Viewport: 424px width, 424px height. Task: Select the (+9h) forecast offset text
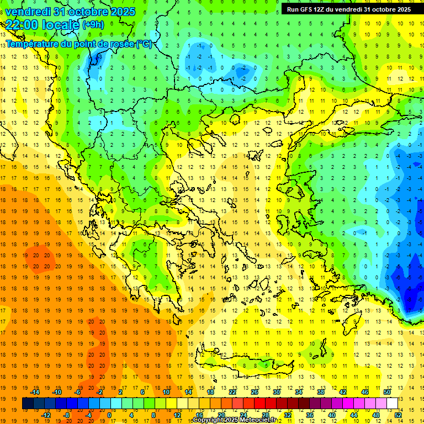(x=92, y=25)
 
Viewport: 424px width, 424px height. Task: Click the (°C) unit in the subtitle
(x=144, y=44)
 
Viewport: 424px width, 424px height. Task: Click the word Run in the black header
(x=293, y=9)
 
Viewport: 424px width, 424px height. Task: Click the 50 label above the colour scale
(x=387, y=392)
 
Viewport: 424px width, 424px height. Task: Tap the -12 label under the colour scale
(x=46, y=415)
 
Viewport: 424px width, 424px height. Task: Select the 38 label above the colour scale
(x=320, y=392)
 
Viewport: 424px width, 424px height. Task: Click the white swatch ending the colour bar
(x=393, y=404)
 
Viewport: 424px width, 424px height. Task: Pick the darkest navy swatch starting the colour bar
(x=28, y=404)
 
